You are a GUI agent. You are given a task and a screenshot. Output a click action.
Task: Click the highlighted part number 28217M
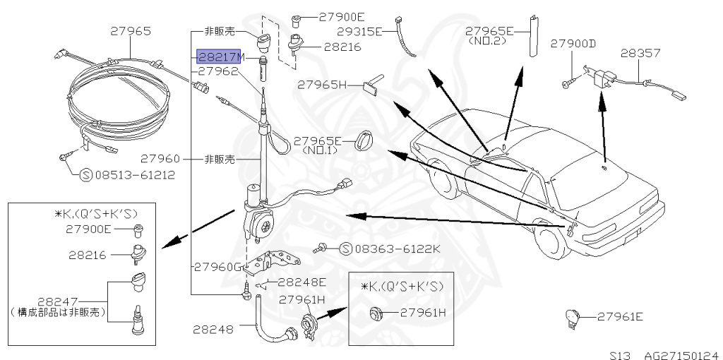coord(219,56)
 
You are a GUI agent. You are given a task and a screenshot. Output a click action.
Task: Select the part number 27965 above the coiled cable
coord(130,31)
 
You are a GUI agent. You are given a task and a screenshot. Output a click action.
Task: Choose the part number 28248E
coord(301,282)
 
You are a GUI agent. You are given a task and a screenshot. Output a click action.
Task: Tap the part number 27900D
coord(573,44)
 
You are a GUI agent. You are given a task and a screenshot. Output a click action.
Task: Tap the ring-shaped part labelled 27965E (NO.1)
coord(367,140)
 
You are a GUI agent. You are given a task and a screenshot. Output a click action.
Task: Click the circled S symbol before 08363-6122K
coord(346,248)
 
